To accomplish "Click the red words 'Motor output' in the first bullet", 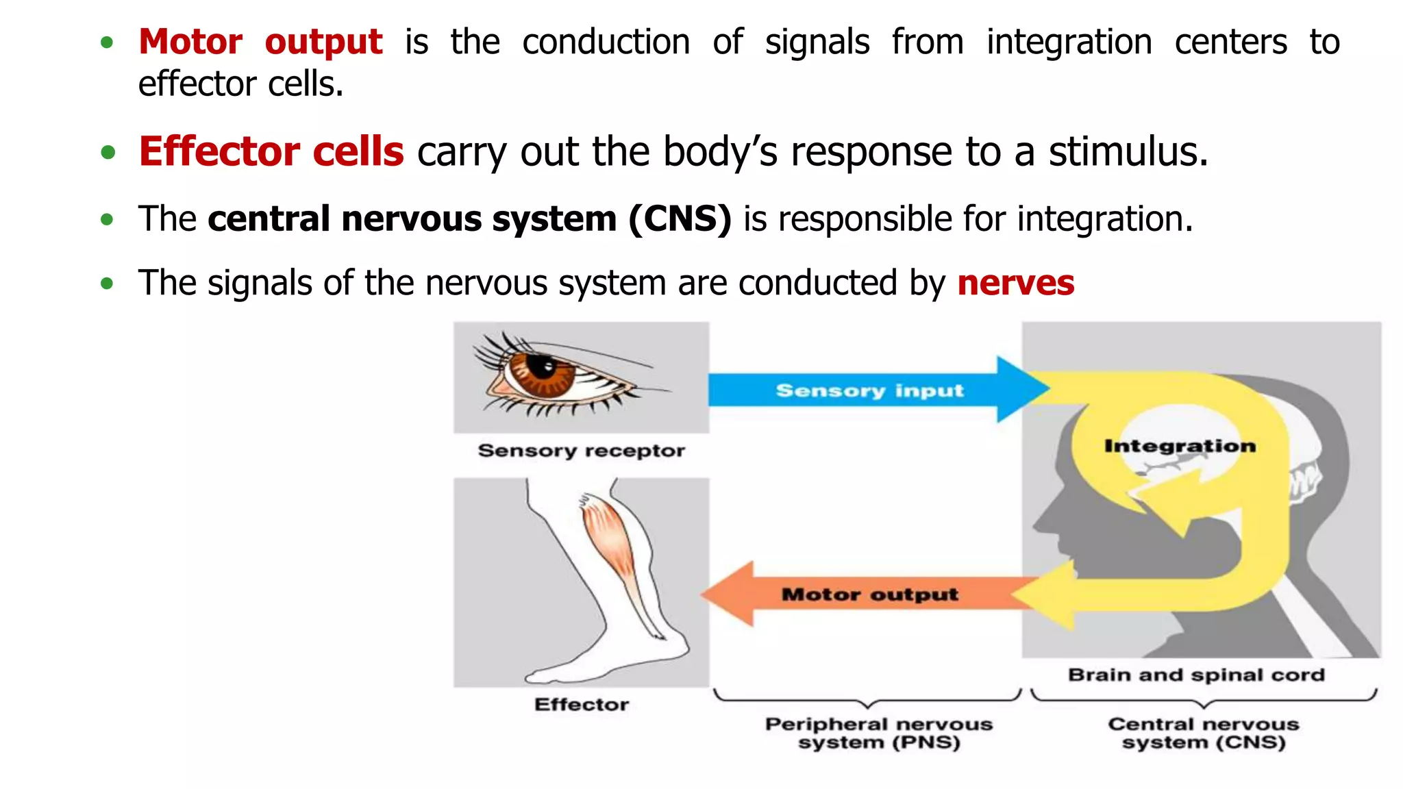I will coord(260,42).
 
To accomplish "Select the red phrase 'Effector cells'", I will coord(271,151).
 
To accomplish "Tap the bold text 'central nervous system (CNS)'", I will coord(469,219).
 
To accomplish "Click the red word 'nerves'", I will coord(1015,283).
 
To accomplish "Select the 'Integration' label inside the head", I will coord(1180,446).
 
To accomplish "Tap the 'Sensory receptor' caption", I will coord(581,451).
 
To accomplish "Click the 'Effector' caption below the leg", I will coord(581,705).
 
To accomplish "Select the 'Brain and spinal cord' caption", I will coord(1196,675).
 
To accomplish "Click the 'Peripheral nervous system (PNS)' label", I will coord(878,733).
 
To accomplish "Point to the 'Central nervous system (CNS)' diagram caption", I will coord(1203,733).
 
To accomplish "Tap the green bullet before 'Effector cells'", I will coord(108,152).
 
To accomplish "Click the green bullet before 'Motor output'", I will coord(107,43).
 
